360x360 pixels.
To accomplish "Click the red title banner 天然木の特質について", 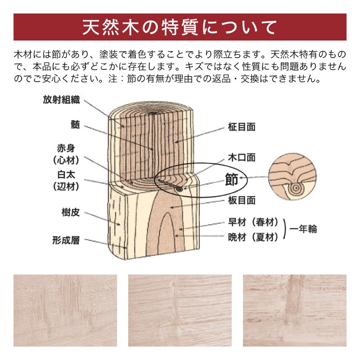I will [180, 27].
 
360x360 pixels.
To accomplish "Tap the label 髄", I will [75, 125].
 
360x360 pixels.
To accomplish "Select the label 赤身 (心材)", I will [66, 153].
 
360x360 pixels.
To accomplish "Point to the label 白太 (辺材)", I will [66, 180].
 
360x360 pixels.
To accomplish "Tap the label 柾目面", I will [242, 127].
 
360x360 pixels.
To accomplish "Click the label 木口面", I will [242, 157].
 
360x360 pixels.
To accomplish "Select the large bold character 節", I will [231, 180].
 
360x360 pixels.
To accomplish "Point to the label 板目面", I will [242, 201].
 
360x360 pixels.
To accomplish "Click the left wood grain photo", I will [65, 310].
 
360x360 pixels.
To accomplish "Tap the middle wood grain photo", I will [180, 310].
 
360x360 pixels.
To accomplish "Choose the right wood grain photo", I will [295, 310].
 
